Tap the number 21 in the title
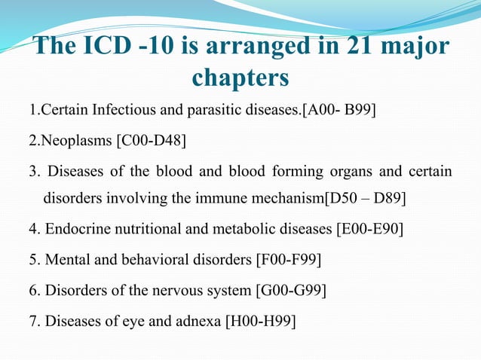(361, 47)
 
